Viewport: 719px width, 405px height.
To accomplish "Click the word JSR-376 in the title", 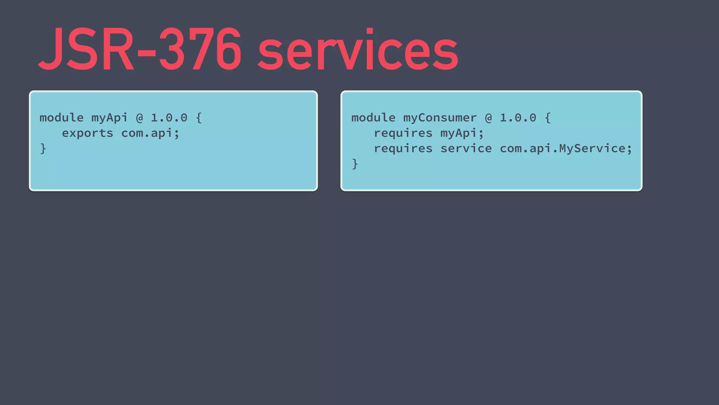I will click(x=140, y=49).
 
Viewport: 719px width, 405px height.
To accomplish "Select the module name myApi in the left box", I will click(x=110, y=118).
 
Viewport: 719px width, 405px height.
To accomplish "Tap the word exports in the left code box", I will click(x=87, y=133).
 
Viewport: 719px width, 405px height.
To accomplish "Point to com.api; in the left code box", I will click(x=150, y=133).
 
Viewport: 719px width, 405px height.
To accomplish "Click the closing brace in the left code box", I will click(x=43, y=149).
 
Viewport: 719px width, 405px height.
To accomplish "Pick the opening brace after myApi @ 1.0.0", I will click(x=199, y=118).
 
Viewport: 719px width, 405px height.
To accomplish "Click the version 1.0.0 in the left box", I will click(x=169, y=118).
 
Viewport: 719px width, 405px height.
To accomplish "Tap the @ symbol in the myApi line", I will click(x=139, y=118).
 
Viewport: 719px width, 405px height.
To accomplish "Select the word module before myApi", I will click(x=61, y=118).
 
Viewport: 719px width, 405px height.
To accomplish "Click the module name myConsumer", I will click(x=440, y=118).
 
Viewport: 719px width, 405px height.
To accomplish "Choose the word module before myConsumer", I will click(x=373, y=118).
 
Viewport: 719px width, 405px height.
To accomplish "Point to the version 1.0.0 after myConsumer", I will click(x=518, y=118).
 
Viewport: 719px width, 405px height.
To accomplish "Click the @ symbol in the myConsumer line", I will click(x=488, y=118).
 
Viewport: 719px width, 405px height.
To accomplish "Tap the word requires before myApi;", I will click(x=403, y=133).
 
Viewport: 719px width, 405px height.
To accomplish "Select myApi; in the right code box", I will click(x=462, y=133).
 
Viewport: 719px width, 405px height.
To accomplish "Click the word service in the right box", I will click(x=466, y=149).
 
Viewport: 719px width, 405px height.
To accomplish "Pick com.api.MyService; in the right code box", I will click(x=566, y=149).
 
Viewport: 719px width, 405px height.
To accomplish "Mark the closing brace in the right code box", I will click(x=355, y=164).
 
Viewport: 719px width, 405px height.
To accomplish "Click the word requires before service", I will click(x=403, y=149).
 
